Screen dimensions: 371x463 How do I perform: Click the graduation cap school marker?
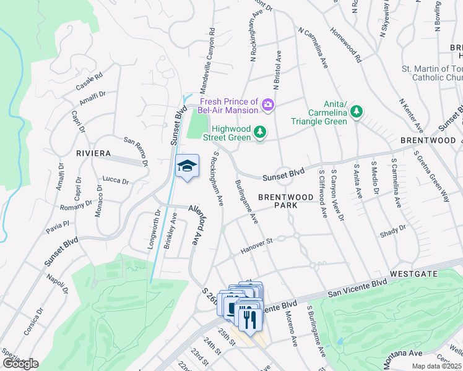tap(188, 166)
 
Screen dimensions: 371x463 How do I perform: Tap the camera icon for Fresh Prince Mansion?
tap(267, 104)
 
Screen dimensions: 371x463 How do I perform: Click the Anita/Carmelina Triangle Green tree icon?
tap(356, 111)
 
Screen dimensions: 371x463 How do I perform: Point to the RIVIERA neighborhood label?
tap(93, 153)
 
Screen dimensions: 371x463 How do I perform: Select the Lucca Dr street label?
tap(116, 180)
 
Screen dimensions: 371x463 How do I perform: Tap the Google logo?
tap(20, 364)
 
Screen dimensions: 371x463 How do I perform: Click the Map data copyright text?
tap(436, 366)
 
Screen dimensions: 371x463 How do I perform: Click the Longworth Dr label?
tap(154, 228)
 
